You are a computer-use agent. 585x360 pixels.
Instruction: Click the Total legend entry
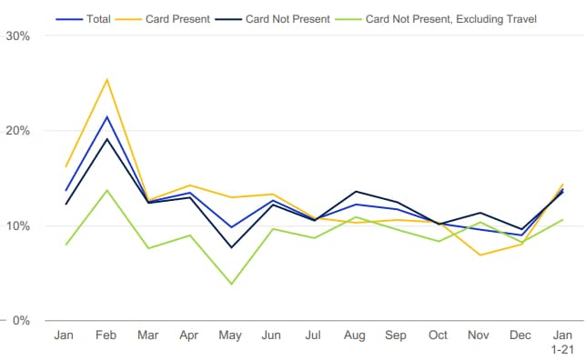pos(83,19)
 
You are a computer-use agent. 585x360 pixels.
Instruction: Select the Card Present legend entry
pos(163,19)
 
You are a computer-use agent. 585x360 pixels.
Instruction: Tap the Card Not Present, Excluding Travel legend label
pos(451,19)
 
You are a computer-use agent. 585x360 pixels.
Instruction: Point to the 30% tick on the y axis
pos(18,36)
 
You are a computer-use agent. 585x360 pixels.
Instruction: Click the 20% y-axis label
pos(18,130)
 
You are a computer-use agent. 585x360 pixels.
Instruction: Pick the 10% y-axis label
pos(18,225)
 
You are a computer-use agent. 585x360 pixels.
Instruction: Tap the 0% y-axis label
pos(21,321)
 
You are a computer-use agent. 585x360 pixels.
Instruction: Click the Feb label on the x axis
pos(106,335)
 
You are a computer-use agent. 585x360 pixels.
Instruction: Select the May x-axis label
pos(230,335)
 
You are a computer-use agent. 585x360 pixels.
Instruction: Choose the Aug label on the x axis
pos(355,335)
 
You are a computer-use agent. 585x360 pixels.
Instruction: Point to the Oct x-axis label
pos(438,335)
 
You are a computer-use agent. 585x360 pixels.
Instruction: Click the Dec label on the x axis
pos(520,335)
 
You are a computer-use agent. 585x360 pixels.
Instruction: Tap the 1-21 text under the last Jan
pos(562,350)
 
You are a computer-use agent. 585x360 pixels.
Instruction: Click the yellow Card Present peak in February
pos(107,79)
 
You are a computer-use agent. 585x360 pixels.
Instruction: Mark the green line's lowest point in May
pos(232,284)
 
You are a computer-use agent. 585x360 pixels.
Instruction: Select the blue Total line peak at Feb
pos(107,116)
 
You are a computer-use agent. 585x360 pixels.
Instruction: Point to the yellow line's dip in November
pos(480,255)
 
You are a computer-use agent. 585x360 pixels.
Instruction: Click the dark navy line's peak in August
pos(357,192)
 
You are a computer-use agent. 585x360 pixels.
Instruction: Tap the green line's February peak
pos(107,190)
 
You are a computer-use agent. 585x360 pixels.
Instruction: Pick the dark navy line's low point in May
pos(232,247)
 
